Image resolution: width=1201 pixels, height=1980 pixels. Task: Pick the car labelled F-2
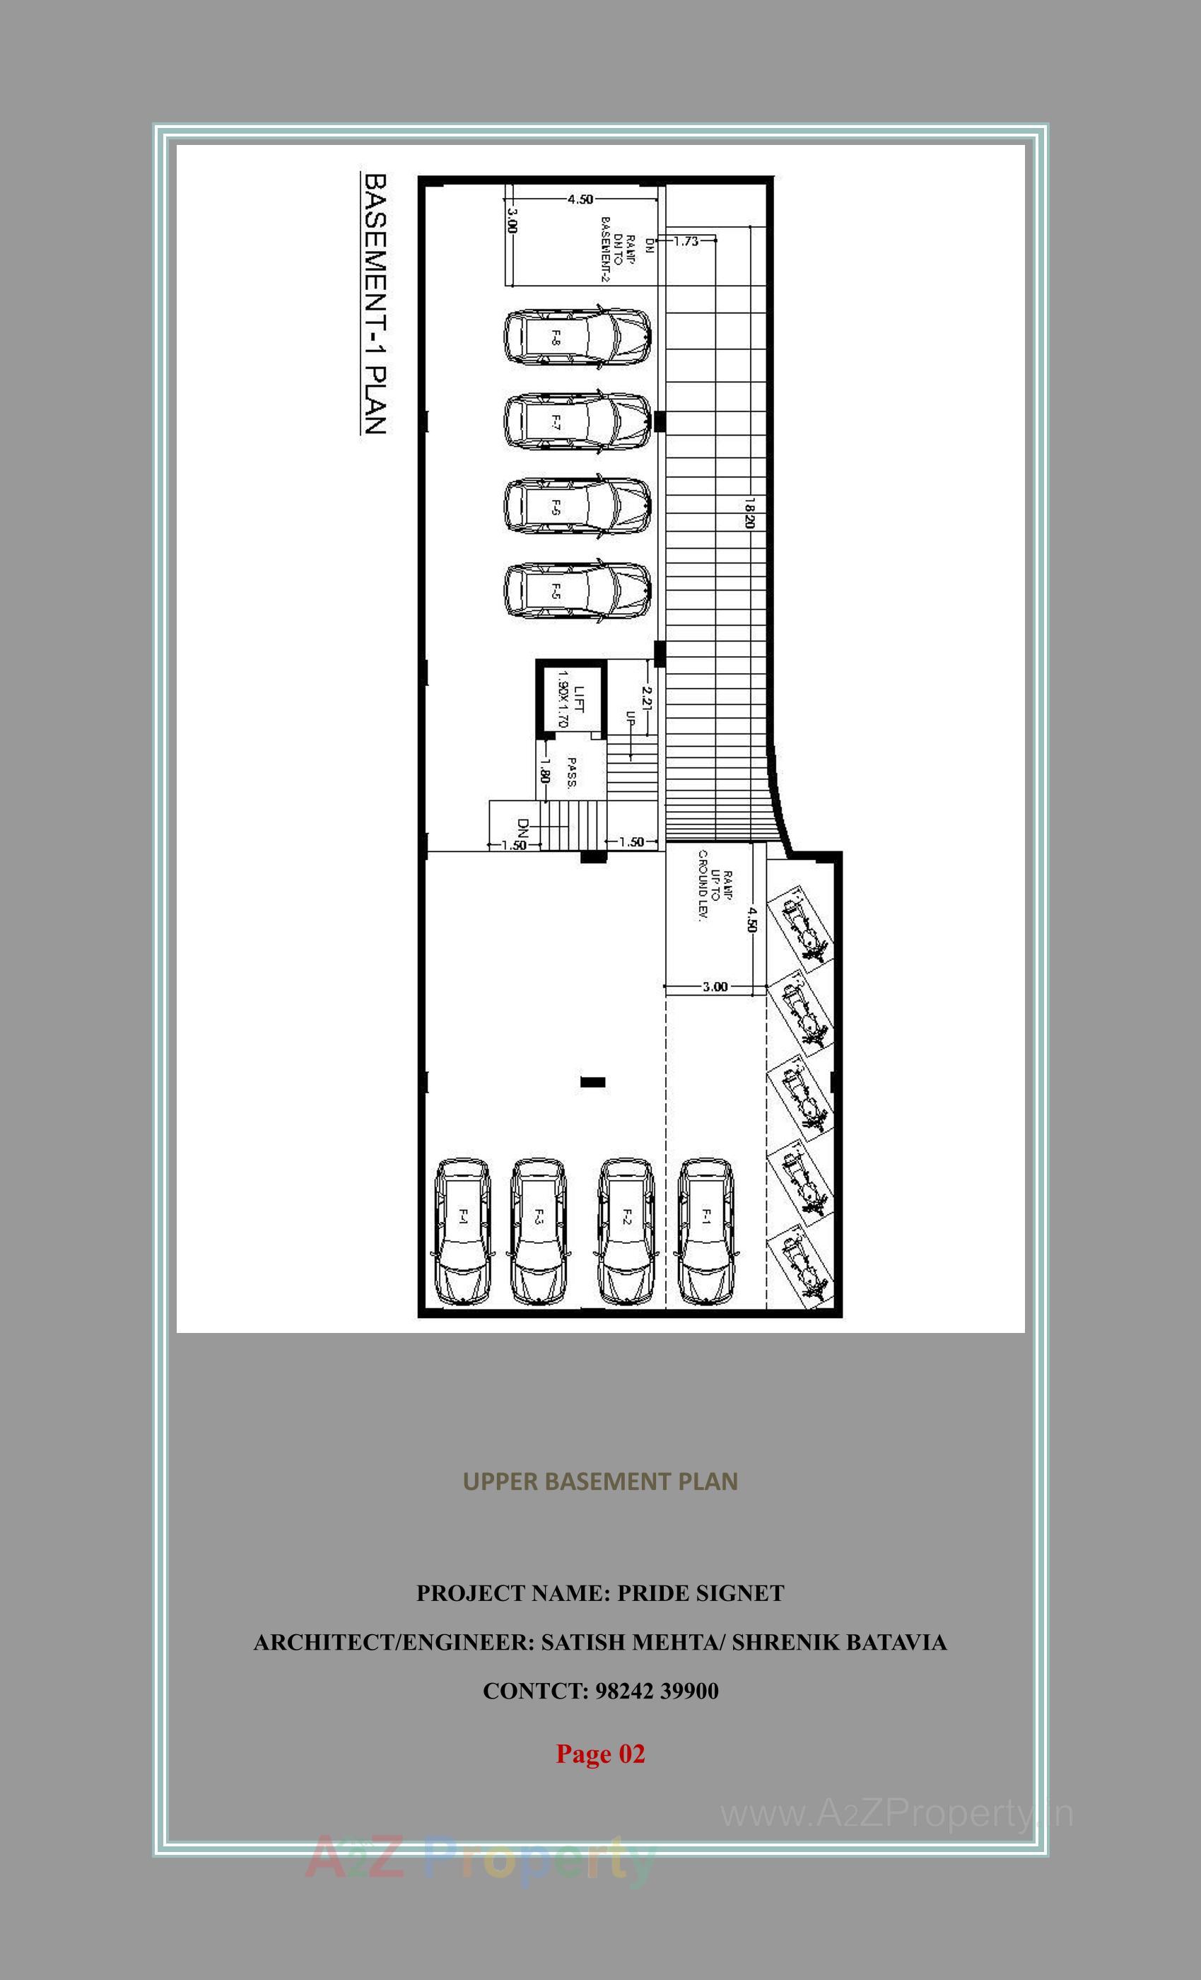tap(626, 1232)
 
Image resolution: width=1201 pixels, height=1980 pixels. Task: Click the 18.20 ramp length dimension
tap(749, 512)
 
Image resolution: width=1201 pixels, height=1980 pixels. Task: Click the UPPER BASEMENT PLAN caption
tap(600, 1481)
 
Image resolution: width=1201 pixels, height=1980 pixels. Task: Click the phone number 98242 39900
tap(656, 1691)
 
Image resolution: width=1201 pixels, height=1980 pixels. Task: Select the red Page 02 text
tap(600, 1754)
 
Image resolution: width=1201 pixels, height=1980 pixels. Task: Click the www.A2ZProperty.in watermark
tap(896, 1814)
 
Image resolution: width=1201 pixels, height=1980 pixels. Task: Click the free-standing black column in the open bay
tap(593, 1083)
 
